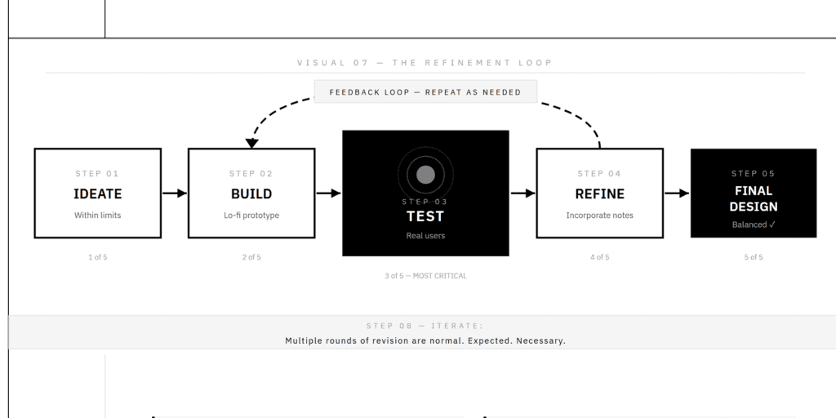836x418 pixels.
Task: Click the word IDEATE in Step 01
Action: click(x=98, y=194)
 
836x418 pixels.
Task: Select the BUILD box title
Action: click(x=251, y=194)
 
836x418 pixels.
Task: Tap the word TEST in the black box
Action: click(x=425, y=216)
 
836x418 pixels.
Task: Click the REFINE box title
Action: click(x=600, y=194)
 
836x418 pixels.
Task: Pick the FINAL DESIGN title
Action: click(x=754, y=199)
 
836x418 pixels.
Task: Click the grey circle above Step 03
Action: click(x=425, y=175)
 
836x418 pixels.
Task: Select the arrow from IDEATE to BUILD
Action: click(x=175, y=193)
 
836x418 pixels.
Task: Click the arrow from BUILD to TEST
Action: click(x=328, y=193)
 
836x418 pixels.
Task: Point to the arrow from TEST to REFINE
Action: click(x=523, y=193)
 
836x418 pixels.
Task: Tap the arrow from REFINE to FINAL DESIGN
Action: click(x=677, y=193)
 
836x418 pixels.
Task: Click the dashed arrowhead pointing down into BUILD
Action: click(x=252, y=143)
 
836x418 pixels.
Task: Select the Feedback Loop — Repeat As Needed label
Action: click(x=425, y=92)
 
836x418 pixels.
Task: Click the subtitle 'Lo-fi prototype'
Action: click(x=251, y=216)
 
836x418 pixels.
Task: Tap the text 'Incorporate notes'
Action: click(x=600, y=216)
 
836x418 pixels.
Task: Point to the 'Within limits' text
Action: click(x=98, y=216)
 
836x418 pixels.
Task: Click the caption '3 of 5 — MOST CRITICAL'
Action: click(x=425, y=276)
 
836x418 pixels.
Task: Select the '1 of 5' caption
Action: click(x=98, y=257)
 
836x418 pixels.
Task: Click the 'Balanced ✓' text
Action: click(x=754, y=225)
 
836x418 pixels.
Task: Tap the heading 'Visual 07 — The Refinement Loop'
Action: click(x=425, y=63)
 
